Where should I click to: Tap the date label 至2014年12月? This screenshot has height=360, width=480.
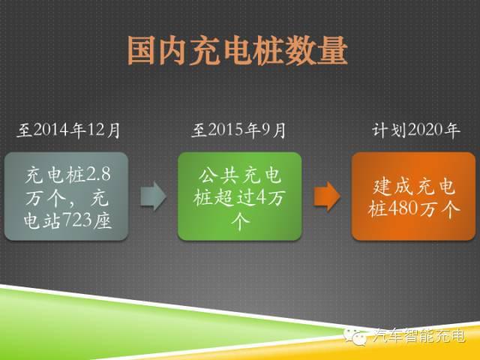(68, 130)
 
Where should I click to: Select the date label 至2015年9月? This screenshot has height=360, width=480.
(238, 130)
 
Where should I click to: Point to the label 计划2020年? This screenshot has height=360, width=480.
(415, 130)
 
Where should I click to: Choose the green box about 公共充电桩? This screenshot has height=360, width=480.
(239, 196)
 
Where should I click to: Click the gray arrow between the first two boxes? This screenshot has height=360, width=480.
(153, 196)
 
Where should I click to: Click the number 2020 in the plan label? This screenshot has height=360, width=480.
(424, 130)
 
